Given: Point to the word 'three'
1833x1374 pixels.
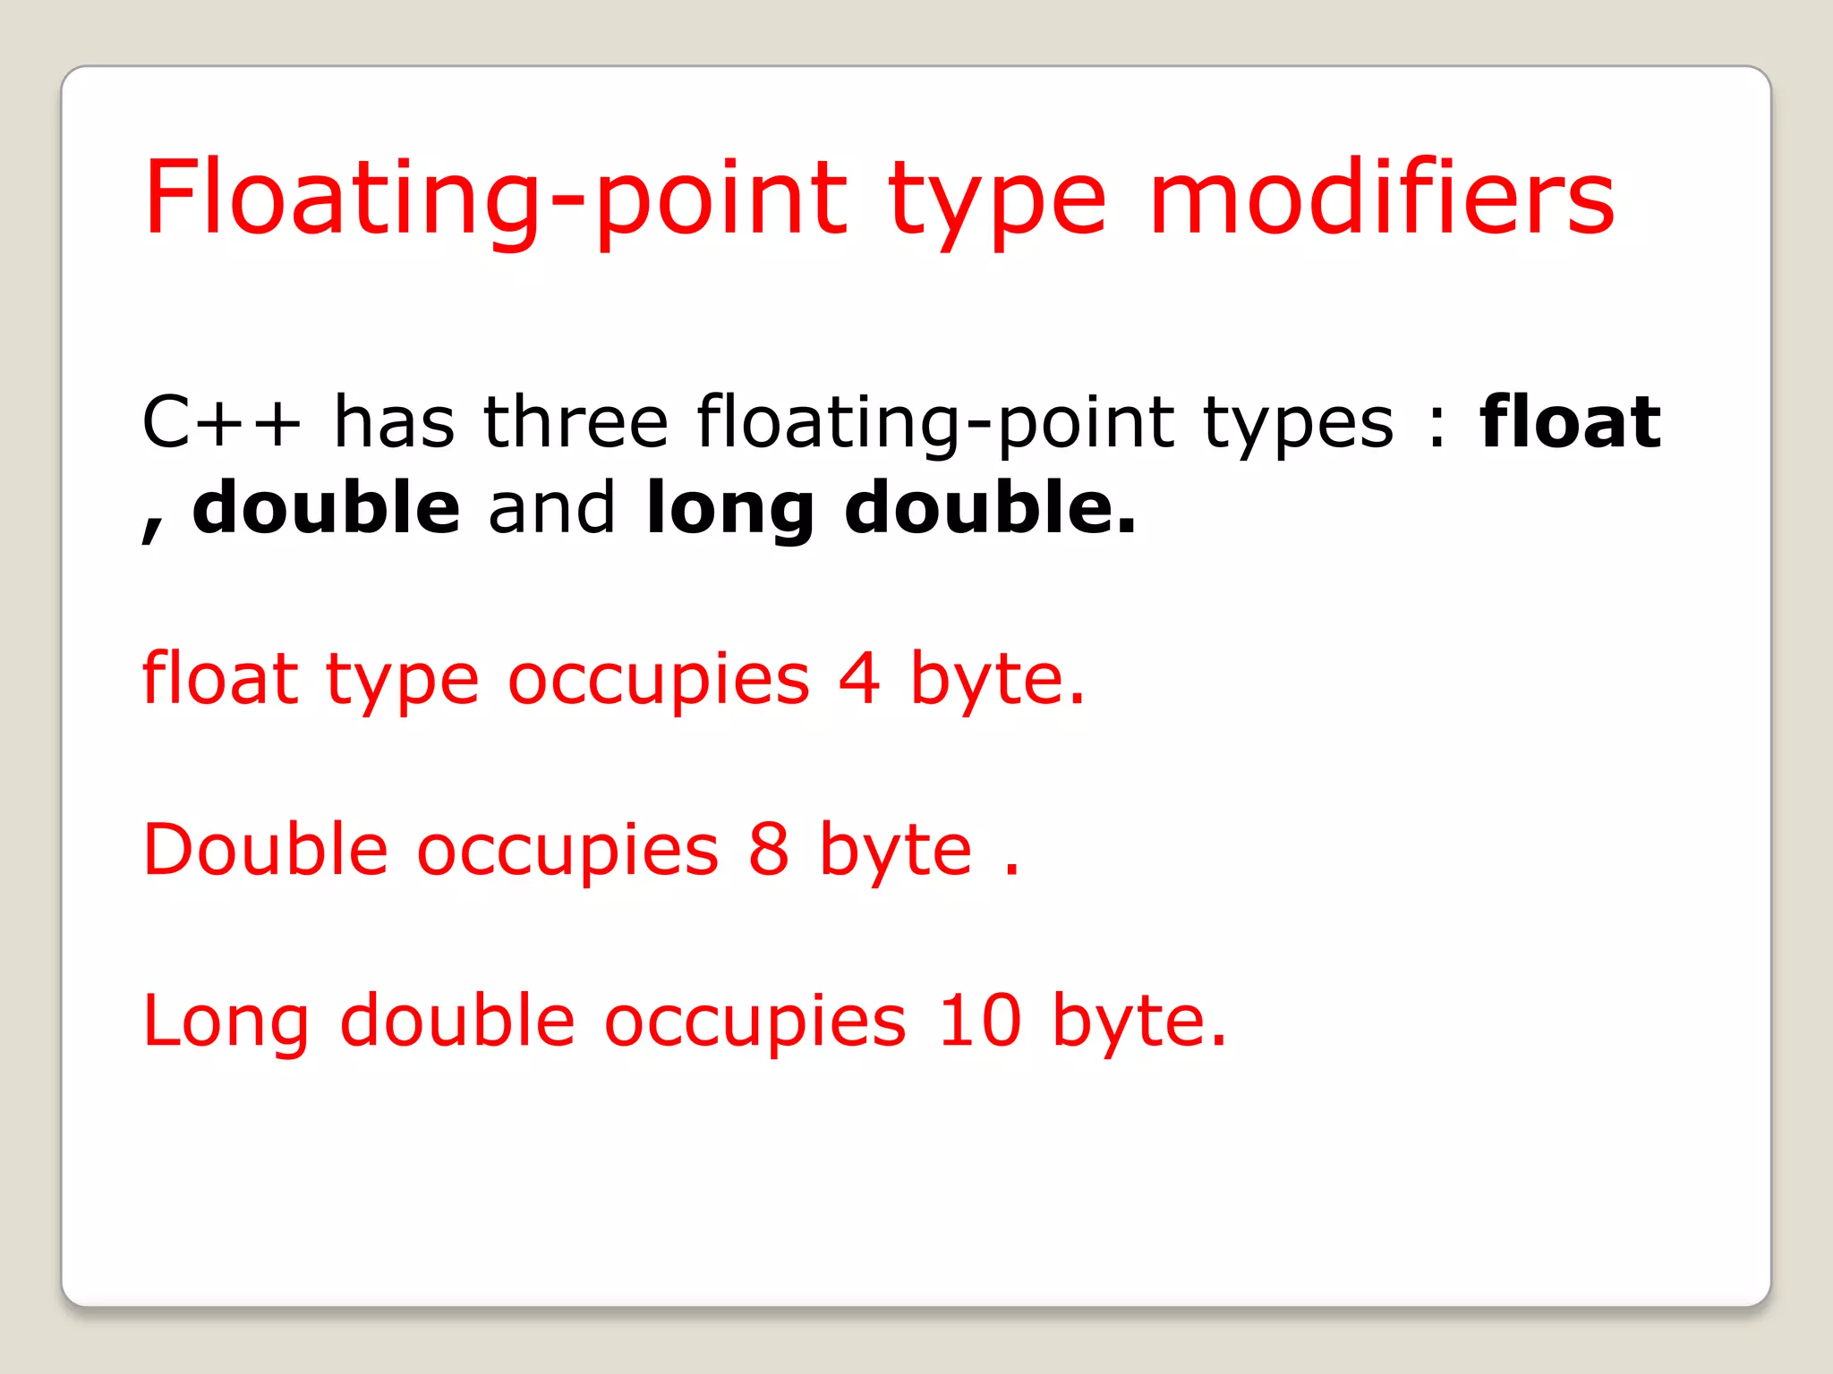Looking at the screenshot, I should click(575, 420).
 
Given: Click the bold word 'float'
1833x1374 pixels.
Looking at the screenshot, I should click(1570, 420).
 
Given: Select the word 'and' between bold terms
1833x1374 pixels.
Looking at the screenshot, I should click(552, 507).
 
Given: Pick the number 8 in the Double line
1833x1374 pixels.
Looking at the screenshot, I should click(769, 849).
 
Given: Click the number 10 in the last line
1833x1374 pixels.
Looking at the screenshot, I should click(979, 1020).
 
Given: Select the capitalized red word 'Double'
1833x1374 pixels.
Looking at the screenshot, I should click(266, 847).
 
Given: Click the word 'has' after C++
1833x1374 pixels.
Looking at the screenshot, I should click(394, 420).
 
